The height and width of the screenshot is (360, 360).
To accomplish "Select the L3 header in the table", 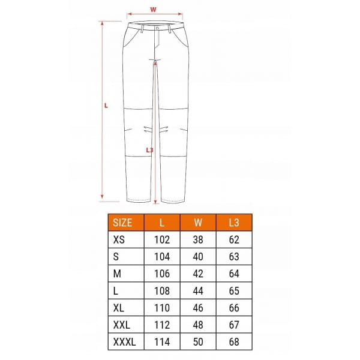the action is pos(234,223).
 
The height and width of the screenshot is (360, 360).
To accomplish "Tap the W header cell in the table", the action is pos(198,223).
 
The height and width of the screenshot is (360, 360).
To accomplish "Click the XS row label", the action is pos(119,239).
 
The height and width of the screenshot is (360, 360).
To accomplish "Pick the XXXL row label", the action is pos(124,342).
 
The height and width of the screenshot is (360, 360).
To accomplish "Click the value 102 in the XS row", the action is pos(162,239).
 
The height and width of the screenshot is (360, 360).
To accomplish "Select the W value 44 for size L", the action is pos(198,291).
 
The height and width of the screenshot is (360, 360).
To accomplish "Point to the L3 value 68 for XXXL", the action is pos(234,342).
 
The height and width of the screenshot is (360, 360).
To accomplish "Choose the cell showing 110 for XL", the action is pos(162,308).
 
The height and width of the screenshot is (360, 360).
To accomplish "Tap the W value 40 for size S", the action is pos(198,257).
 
